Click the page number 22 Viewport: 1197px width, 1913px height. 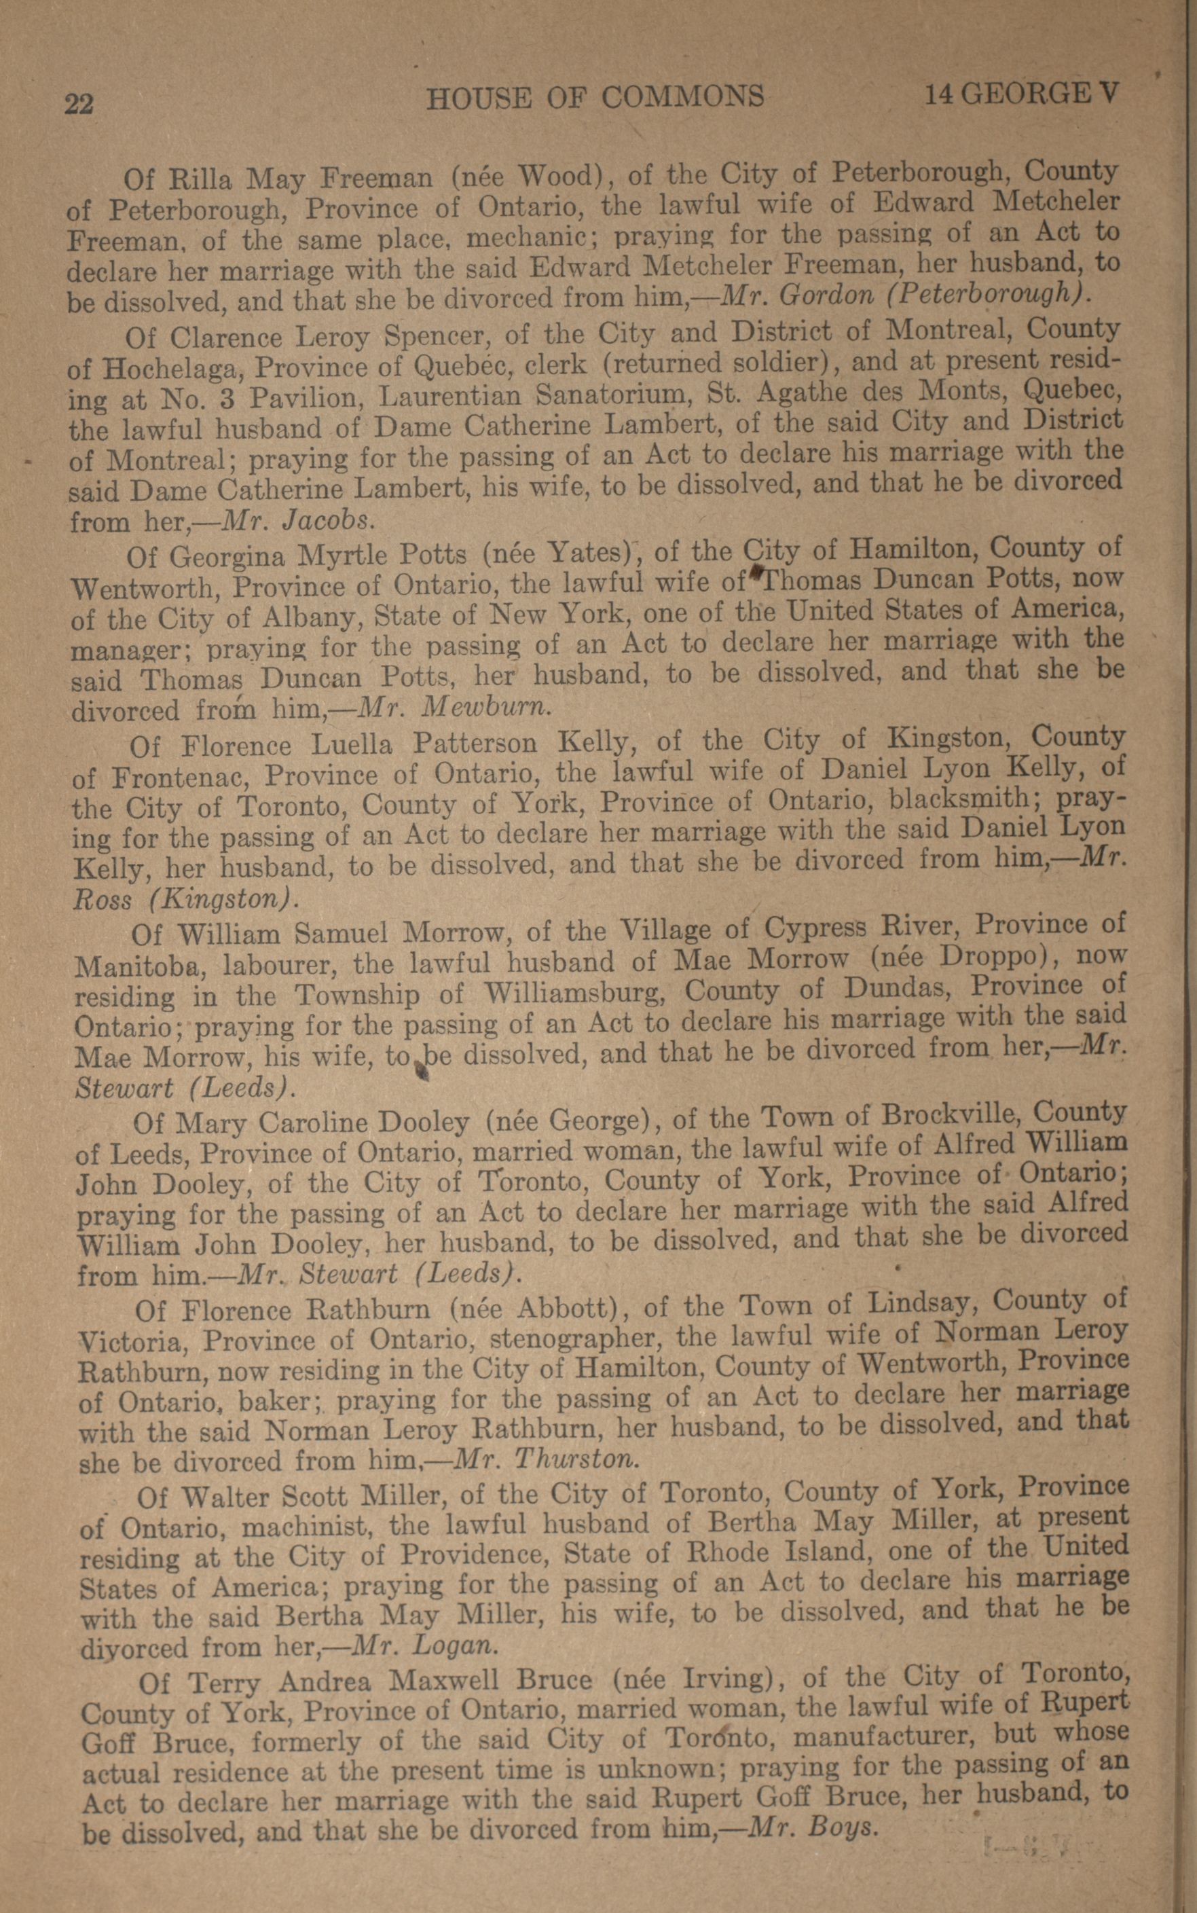pyautogui.click(x=79, y=104)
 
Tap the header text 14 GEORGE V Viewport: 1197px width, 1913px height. pyautogui.click(x=1021, y=94)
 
